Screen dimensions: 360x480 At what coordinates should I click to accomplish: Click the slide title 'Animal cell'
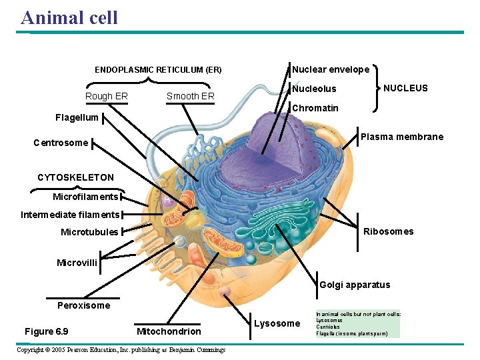click(x=69, y=17)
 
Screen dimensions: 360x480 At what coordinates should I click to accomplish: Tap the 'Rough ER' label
click(x=107, y=96)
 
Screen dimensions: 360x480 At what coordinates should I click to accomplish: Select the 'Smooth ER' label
click(x=190, y=96)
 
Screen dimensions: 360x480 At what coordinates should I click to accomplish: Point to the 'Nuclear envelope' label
click(x=331, y=69)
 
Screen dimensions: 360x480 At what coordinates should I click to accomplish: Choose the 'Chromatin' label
click(x=315, y=108)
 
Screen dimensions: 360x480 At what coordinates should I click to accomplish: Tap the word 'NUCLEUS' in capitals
click(x=405, y=88)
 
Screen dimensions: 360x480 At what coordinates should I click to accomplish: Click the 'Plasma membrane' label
click(x=402, y=137)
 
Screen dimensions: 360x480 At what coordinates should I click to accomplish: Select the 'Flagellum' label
click(x=77, y=118)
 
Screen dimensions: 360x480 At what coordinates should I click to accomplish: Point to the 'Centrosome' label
click(x=61, y=143)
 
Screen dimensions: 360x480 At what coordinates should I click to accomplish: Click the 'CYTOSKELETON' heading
click(x=75, y=177)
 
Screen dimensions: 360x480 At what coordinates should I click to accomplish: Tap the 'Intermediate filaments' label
click(x=70, y=215)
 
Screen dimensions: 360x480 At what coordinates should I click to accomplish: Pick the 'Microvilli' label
click(x=77, y=263)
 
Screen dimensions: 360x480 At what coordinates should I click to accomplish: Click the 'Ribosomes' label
click(x=388, y=231)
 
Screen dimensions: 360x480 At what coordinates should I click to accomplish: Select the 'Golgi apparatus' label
click(x=355, y=285)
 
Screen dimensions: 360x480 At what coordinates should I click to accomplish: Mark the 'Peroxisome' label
click(x=84, y=305)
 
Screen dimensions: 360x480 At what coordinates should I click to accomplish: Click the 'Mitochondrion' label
click(x=168, y=331)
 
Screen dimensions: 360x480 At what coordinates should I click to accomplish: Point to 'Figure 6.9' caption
click(x=46, y=331)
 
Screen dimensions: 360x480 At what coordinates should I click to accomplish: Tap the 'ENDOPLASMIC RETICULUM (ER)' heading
click(x=158, y=69)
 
